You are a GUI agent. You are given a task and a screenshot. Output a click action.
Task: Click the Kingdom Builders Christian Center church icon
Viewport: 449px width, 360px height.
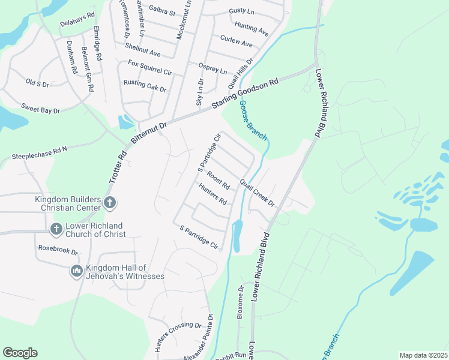(x=110, y=203)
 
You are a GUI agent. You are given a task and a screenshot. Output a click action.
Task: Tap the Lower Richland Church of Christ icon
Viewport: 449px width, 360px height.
(x=56, y=229)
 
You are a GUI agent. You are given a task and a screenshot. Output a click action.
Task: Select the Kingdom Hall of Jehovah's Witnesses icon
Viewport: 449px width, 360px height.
(x=76, y=272)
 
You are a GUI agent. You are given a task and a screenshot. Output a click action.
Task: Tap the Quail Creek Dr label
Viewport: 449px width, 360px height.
(x=257, y=192)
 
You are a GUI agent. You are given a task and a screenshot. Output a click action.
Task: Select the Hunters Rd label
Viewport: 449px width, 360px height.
(x=213, y=194)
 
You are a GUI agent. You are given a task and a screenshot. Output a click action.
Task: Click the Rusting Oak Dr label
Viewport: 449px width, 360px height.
(x=145, y=86)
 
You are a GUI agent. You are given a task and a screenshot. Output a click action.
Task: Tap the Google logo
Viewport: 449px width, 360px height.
(x=20, y=353)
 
